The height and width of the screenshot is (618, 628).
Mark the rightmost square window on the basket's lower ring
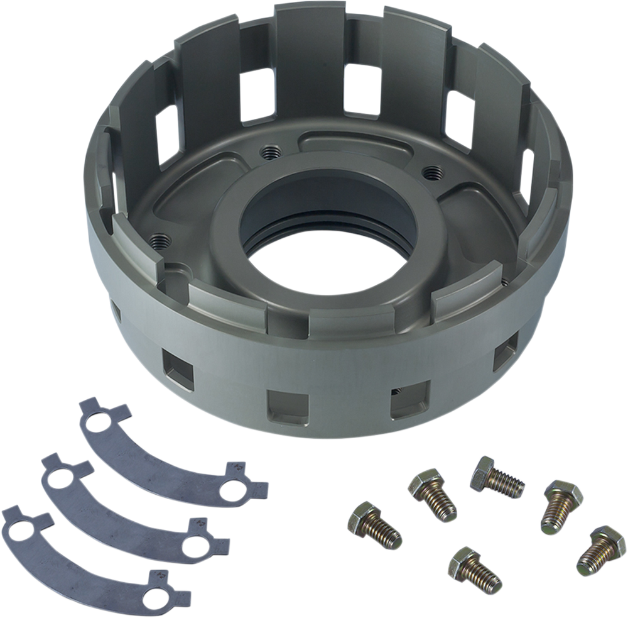coord(502,358)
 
